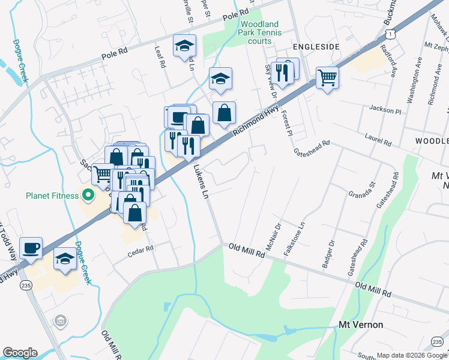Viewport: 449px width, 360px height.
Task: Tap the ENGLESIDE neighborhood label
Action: [x=316, y=46]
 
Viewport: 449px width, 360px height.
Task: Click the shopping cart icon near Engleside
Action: [x=327, y=77]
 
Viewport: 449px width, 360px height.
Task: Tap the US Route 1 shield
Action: [x=391, y=35]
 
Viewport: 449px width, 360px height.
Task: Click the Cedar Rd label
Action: [x=141, y=253]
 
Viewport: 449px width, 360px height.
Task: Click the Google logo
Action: [x=20, y=353]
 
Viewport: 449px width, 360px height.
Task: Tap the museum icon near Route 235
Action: [x=59, y=322]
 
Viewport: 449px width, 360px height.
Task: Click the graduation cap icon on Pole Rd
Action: [x=184, y=46]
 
